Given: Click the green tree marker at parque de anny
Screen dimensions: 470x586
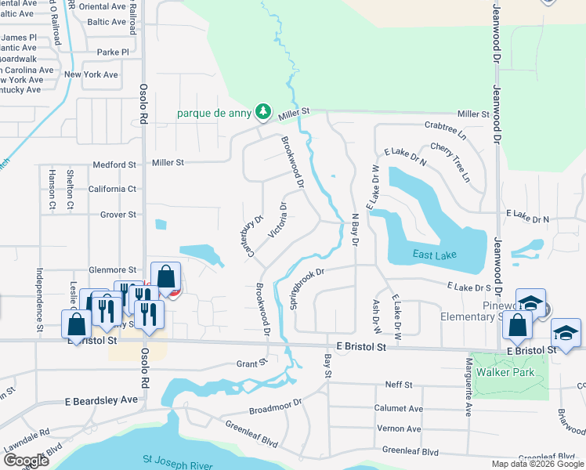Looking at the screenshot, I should point(265,113).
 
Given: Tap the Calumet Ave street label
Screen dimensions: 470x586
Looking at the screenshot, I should point(399,409).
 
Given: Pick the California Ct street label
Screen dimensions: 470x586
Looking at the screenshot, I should point(113,190).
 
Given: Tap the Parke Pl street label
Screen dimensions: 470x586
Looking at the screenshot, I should point(113,52).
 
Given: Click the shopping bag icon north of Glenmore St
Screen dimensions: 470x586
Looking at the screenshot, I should point(165,277).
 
